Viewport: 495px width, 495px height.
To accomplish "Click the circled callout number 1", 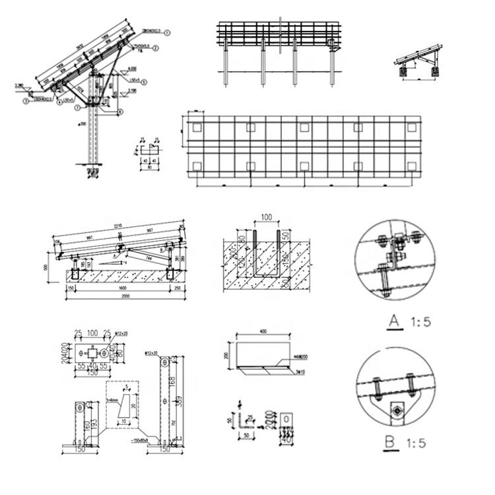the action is tap(168, 32).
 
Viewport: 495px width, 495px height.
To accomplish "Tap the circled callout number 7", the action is tap(77, 107).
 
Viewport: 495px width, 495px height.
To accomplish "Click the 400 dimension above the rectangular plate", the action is tap(264, 330).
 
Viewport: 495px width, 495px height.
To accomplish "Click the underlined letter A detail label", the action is tap(395, 321).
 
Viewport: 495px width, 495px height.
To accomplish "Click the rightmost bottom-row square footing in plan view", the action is tap(411, 166).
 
